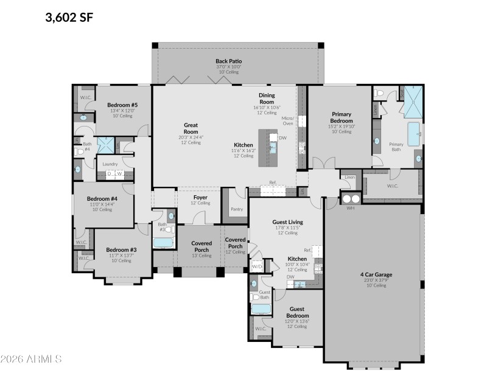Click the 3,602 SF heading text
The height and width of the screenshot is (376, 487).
[69, 17]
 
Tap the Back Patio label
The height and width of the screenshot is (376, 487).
[229, 61]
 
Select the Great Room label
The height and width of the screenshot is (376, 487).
[191, 128]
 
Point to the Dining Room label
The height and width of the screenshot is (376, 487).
[267, 98]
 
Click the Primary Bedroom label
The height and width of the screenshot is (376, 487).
[341, 117]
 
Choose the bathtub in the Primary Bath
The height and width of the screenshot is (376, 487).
[415, 134]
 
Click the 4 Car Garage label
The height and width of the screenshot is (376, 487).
[375, 274]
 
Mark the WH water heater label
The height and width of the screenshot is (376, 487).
[350, 208]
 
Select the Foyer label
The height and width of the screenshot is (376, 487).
[200, 197]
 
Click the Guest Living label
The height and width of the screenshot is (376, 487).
[287, 221]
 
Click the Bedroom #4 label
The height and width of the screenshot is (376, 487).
[102, 198]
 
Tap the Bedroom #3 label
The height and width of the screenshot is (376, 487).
[121, 249]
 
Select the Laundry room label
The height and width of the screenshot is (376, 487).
[110, 164]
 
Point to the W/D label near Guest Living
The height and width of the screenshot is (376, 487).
[258, 266]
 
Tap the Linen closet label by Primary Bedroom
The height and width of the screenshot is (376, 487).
[349, 178]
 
